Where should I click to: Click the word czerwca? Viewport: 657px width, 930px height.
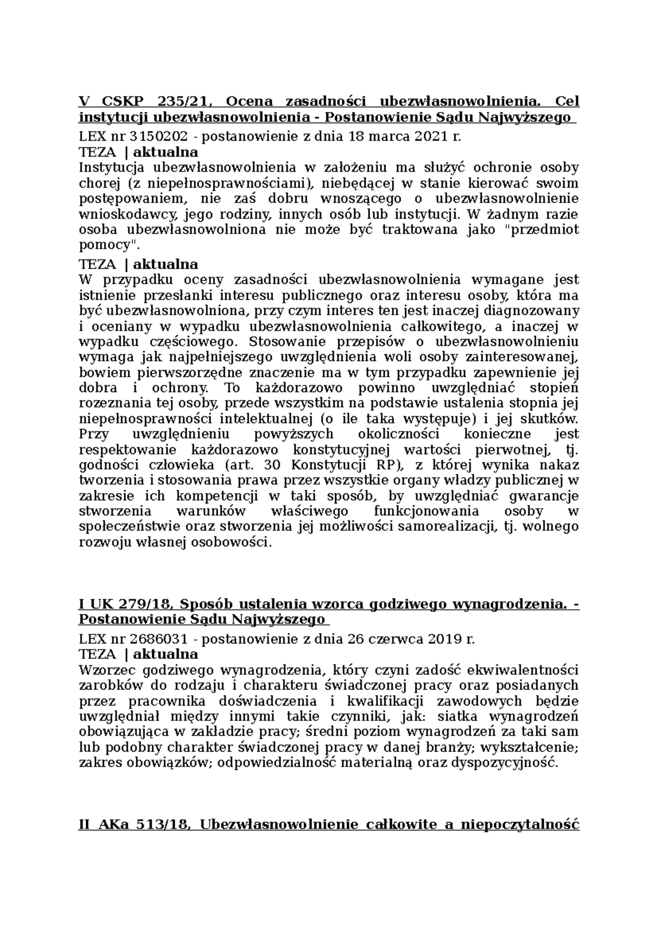[x=396, y=639]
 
